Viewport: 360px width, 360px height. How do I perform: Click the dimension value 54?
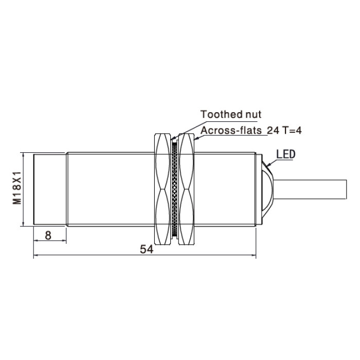point(147,249)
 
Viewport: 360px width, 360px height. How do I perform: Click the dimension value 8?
point(48,236)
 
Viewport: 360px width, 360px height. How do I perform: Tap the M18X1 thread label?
point(17,188)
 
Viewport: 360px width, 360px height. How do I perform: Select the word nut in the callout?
point(253,115)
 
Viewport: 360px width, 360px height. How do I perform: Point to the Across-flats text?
point(231,131)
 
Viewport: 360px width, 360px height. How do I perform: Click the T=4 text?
point(292,131)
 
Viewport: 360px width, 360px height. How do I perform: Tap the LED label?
point(286,154)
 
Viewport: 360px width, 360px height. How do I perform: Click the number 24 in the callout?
point(273,131)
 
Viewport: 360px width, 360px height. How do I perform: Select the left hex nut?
point(163,189)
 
